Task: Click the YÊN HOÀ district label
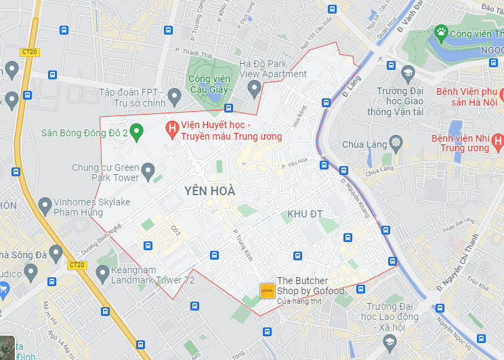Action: click(x=209, y=191)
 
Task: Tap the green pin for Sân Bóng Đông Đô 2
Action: click(x=135, y=132)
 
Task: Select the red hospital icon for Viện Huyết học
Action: click(x=172, y=127)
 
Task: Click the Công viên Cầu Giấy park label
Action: click(x=209, y=83)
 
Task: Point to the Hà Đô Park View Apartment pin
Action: click(x=254, y=87)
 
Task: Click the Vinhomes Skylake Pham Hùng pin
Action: click(x=45, y=204)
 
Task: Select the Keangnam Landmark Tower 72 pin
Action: click(x=102, y=274)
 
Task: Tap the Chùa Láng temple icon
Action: click(x=396, y=143)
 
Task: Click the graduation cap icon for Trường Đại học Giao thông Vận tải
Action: click(x=407, y=73)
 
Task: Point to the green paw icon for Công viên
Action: click(x=442, y=32)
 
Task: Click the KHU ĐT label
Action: click(x=305, y=214)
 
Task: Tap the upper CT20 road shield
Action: click(x=28, y=52)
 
